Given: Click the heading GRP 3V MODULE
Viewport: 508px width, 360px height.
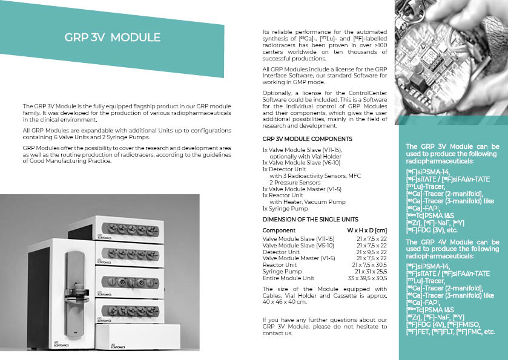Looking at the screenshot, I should click(x=112, y=38).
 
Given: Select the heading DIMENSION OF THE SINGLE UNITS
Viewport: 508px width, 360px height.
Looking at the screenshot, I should click(x=310, y=219).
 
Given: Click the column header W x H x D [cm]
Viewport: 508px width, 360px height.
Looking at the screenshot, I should click(x=366, y=231).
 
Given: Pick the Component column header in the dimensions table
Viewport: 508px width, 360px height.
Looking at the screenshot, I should click(x=279, y=231).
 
